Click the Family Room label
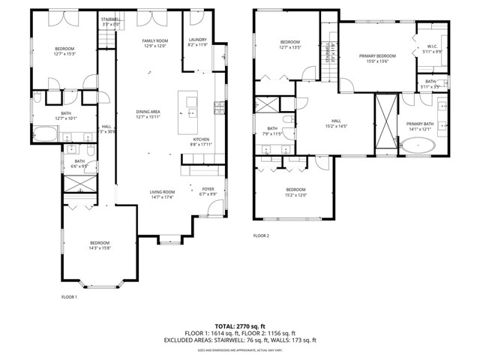pyautogui.click(x=155, y=43)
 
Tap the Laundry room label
pyautogui.click(x=198, y=42)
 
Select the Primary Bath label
pyautogui.click(x=420, y=126)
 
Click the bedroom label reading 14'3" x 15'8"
pyautogui.click(x=100, y=245)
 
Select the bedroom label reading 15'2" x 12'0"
pyautogui.click(x=295, y=192)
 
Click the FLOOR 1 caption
pyautogui.click(x=69, y=296)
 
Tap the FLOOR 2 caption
pyautogui.click(x=260, y=235)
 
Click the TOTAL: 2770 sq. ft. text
pyautogui.click(x=240, y=326)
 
